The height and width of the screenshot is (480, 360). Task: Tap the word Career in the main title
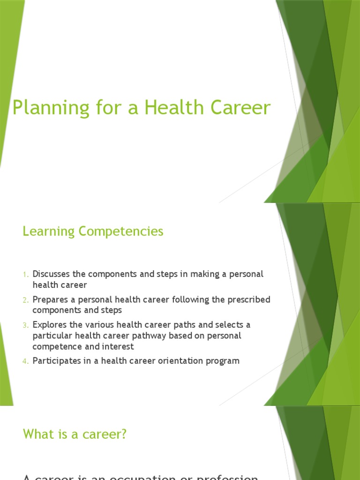tap(240, 107)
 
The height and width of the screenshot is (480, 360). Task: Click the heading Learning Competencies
tap(93, 231)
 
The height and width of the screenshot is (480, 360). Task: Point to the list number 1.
tap(26, 274)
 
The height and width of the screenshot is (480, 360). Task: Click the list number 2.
tap(26, 300)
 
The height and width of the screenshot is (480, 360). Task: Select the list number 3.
tap(26, 325)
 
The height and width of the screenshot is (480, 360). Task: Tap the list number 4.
tap(26, 361)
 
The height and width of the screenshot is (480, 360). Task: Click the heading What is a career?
tap(75, 434)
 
